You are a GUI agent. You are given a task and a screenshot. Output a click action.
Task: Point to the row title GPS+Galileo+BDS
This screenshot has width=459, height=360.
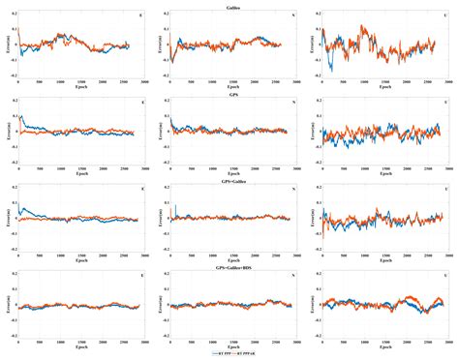[229, 266]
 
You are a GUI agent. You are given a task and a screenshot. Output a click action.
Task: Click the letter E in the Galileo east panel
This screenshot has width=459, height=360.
[142, 17]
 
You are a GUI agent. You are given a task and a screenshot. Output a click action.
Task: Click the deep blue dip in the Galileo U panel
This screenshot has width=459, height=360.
[335, 67]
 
